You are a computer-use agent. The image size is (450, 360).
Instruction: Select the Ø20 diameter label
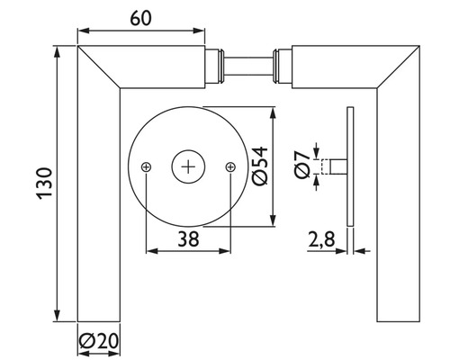99,342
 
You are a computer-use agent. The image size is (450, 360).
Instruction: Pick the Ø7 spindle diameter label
304,166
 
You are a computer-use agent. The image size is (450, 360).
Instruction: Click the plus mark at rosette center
188,166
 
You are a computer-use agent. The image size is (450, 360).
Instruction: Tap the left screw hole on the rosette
146,166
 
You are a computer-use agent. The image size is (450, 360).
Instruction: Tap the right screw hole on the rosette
230,166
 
